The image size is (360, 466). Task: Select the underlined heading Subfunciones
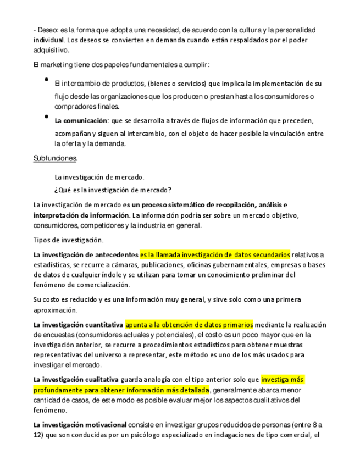tap(56, 158)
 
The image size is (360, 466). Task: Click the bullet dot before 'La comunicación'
tap(47, 117)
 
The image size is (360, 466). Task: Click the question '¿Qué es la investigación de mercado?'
tap(113, 190)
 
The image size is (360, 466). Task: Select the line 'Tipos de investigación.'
tap(69, 240)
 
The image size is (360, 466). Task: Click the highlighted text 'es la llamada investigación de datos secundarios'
tap(215, 254)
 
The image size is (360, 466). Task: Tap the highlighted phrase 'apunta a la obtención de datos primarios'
tap(189, 324)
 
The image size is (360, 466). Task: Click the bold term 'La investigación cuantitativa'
tap(78, 324)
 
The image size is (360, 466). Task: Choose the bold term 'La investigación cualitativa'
tap(76, 380)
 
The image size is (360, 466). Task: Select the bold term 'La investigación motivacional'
tap(80, 425)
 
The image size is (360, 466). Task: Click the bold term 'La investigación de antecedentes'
tap(86, 254)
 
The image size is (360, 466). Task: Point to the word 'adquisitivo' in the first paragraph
tap(50, 50)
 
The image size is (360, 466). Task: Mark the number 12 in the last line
tap(38, 435)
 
